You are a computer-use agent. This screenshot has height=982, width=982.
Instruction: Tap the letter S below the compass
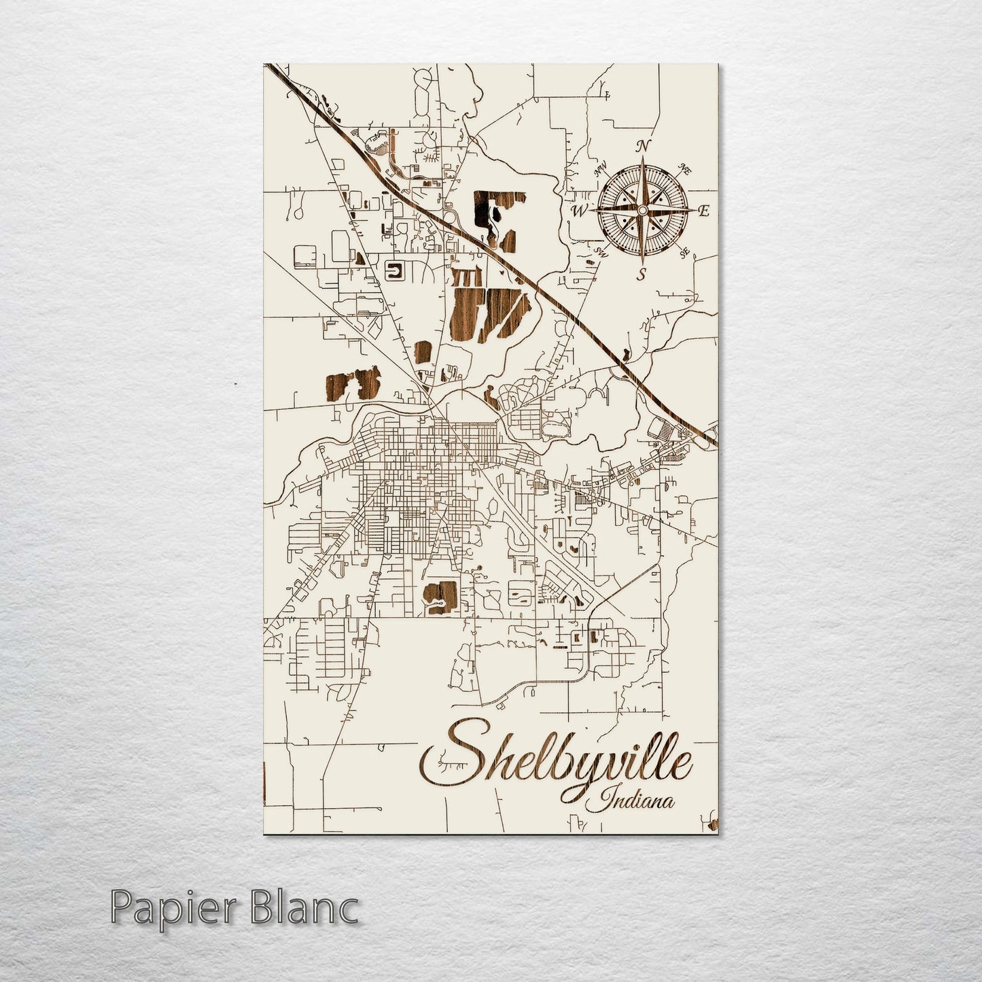[640, 274]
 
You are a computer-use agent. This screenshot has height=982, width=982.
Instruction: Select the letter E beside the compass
[704, 211]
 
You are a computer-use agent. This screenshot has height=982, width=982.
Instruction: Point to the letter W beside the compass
[579, 211]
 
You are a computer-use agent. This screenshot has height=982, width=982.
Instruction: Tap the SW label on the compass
[600, 252]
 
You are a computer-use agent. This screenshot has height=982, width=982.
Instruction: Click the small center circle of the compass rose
[643, 211]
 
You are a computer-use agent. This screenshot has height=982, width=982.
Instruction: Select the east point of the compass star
[695, 211]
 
